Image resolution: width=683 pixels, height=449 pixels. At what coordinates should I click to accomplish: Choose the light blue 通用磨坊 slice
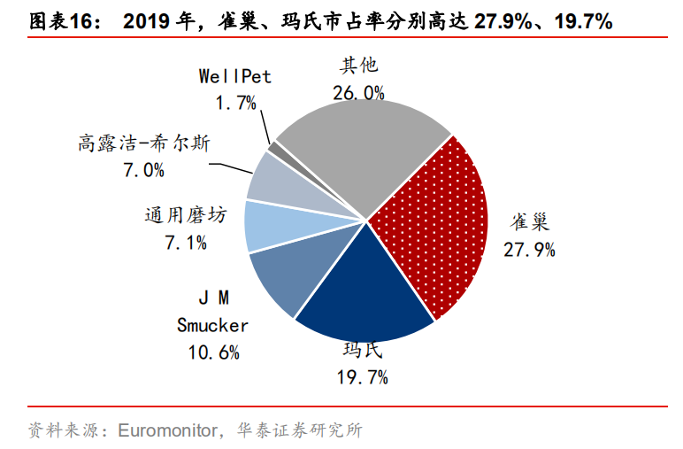coord(270,226)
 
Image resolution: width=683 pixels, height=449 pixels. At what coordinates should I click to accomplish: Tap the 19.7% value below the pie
coord(363,378)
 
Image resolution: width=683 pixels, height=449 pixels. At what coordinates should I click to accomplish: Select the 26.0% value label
coord(358,92)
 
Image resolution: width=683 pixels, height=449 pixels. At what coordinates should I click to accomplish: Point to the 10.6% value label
coord(213,352)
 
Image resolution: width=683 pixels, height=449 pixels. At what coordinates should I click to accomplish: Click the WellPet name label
coord(234,76)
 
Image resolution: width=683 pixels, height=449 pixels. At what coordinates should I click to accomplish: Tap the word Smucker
coord(212,325)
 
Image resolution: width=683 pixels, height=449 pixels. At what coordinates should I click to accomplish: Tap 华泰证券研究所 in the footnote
coord(301,431)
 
